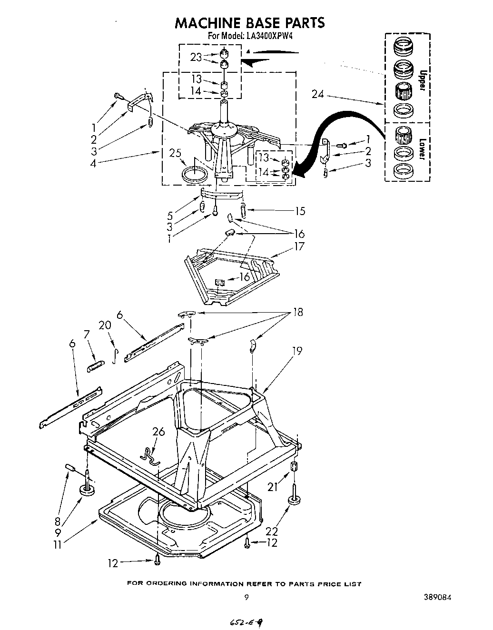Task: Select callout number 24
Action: tap(317, 95)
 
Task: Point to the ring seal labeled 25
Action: tap(195, 172)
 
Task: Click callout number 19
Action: tap(297, 351)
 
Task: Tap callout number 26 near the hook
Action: tap(158, 432)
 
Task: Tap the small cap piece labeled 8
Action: tap(71, 468)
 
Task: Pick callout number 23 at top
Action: tap(196, 57)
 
